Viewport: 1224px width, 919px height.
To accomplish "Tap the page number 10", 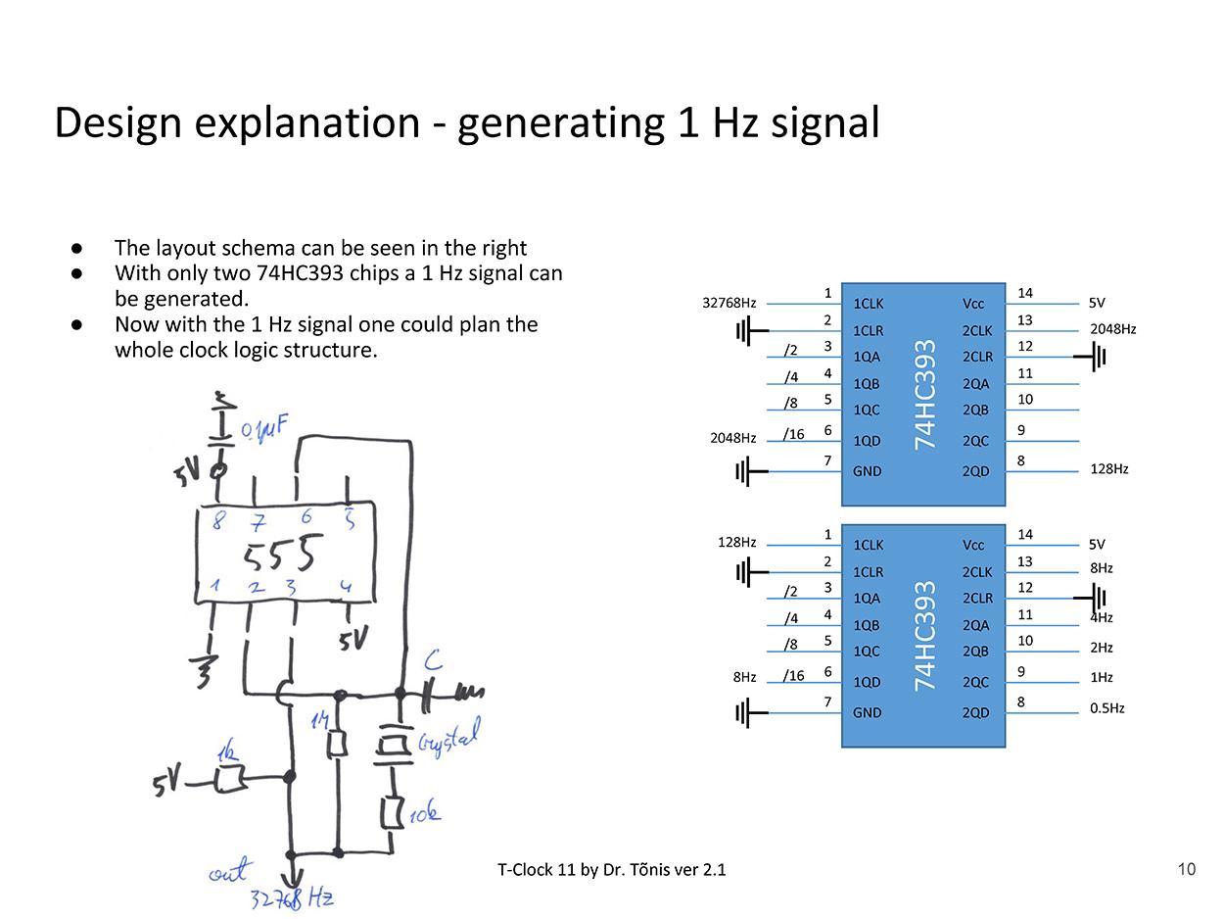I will coord(1186,869).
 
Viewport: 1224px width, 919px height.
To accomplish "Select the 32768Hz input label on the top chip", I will coord(729,303).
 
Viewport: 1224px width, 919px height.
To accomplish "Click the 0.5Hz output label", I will coord(1106,708).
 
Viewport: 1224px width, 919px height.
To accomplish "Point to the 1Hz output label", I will coord(1101,677).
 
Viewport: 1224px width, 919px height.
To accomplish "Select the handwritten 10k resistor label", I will coord(425,812).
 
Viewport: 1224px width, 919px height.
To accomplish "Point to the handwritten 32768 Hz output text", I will coord(291,898).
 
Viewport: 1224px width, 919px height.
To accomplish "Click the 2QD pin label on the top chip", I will coord(975,471).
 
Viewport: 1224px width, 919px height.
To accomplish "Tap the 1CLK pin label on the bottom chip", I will coord(868,545).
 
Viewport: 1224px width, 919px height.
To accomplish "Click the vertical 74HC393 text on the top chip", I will coord(924,394).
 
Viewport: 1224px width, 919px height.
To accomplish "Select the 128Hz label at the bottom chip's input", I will coord(736,542).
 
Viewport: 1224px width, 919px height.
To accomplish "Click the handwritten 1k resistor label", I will coord(227,753).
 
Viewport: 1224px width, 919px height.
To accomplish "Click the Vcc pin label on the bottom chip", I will coord(974,545).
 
